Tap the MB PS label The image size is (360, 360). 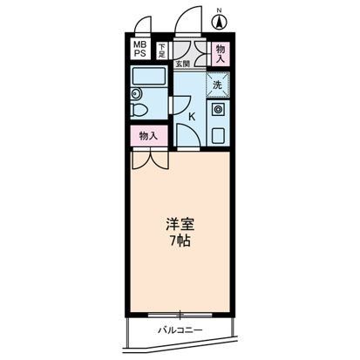[140, 50]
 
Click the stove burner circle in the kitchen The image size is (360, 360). [219, 112]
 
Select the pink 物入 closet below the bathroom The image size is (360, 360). [148, 136]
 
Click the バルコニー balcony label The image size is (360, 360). [180, 330]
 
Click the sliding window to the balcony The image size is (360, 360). [180, 311]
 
